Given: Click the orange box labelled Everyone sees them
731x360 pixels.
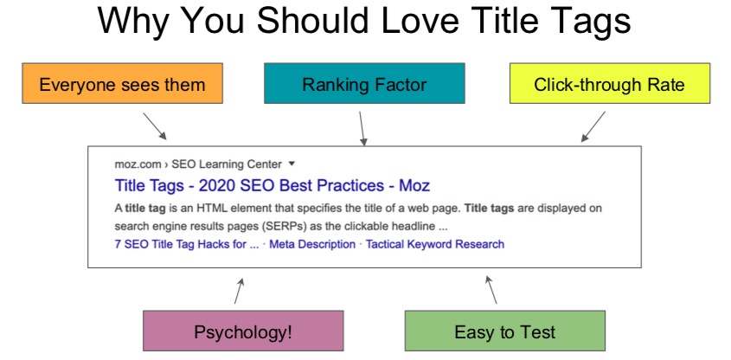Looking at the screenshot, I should point(122,85).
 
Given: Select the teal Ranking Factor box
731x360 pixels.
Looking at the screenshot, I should point(364,85).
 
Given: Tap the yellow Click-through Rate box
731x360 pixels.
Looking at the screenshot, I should point(609,85).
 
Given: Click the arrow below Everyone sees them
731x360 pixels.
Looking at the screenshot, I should point(156,127).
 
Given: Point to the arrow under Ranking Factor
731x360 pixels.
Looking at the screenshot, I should point(362,127).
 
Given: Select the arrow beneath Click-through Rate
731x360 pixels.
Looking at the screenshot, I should point(593,127).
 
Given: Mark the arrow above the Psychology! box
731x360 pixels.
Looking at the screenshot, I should point(240,291).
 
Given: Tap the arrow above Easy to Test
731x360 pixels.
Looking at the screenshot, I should point(491,291).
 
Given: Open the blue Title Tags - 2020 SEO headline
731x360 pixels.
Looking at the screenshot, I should point(272,185).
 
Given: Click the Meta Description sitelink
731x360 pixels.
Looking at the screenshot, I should point(312,244).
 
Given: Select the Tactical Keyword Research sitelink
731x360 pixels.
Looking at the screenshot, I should point(434,244).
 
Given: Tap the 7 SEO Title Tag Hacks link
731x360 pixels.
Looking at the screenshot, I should point(186,244).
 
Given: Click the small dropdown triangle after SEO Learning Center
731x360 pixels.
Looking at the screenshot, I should point(292,163).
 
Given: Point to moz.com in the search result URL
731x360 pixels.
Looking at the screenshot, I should point(136,163).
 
